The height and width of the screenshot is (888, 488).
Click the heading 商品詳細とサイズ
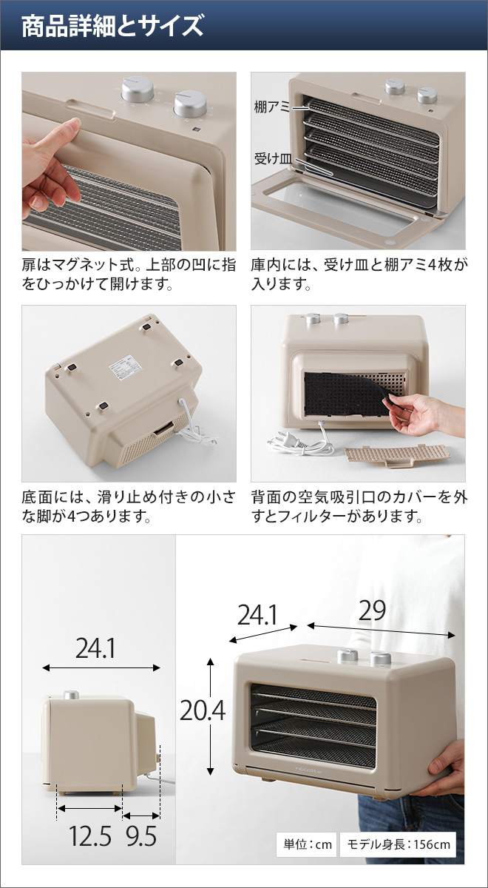[112, 27]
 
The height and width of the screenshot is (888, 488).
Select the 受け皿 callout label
[272, 158]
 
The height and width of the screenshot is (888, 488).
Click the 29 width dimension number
[372, 611]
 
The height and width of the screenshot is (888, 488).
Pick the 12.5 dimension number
[90, 836]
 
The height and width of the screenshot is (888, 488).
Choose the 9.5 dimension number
[140, 836]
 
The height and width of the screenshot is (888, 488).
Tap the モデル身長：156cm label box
[399, 844]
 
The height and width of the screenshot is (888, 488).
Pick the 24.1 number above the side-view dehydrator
[95, 649]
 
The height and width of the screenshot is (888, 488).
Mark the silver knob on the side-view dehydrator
[71, 694]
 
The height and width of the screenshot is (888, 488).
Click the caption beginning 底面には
[128, 506]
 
